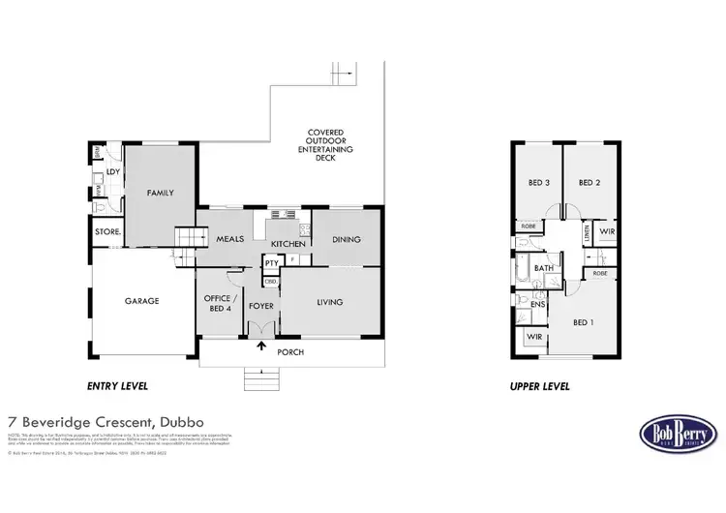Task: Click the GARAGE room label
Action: (x=141, y=301)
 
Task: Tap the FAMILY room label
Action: (x=160, y=193)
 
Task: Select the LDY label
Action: (x=112, y=171)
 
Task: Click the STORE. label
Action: (x=106, y=232)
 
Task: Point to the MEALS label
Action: (x=229, y=239)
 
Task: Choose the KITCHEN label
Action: (x=287, y=244)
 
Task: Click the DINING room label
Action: (x=346, y=239)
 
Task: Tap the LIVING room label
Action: (x=330, y=303)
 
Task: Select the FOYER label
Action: (x=261, y=306)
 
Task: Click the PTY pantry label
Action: (x=271, y=262)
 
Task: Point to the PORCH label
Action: (x=290, y=352)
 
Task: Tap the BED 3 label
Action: (x=539, y=183)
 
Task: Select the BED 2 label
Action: (x=590, y=183)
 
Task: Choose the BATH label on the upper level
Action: (x=544, y=268)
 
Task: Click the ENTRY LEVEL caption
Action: (x=117, y=386)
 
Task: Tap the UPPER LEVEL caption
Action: (x=539, y=386)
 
